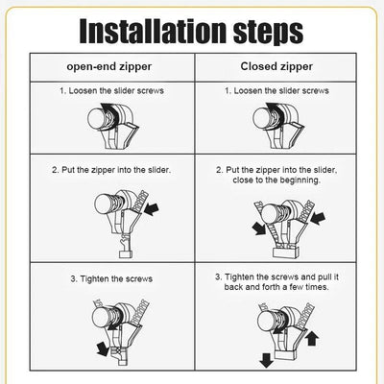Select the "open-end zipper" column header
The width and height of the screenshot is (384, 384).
point(109,68)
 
